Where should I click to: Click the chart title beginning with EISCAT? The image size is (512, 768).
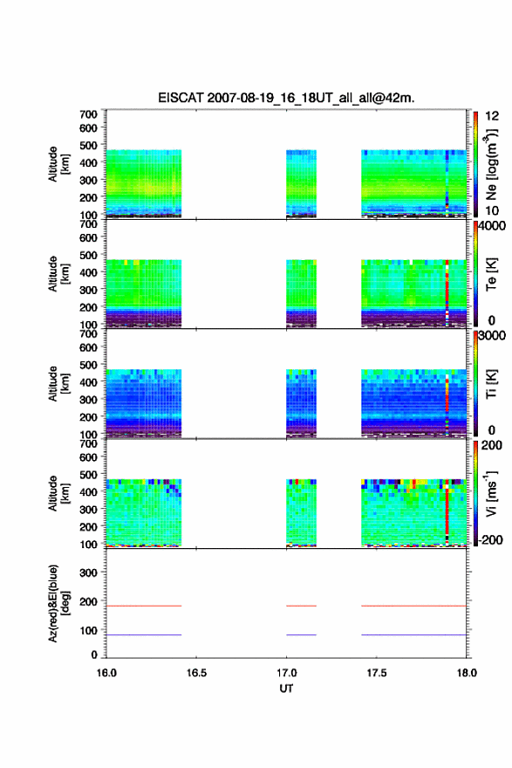(286, 98)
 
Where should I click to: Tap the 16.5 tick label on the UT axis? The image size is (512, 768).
(196, 673)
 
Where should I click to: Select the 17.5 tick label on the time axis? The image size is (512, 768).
(377, 673)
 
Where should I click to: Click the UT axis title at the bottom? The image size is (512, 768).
(286, 689)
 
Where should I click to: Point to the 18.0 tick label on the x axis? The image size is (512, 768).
(467, 673)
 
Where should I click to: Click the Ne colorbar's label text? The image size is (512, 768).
(491, 165)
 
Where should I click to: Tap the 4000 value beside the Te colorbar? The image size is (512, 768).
(492, 226)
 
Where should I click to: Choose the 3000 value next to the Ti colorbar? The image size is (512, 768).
(492, 335)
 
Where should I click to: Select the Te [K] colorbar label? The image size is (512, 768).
(491, 274)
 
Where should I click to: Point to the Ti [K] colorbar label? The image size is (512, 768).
(491, 383)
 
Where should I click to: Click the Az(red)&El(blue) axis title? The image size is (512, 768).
(58, 603)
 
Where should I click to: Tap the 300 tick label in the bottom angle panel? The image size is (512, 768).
(88, 573)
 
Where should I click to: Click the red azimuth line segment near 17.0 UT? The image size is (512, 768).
(301, 606)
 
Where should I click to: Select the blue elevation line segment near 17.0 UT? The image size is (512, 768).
(301, 634)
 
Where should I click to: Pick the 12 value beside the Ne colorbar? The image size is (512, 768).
(492, 116)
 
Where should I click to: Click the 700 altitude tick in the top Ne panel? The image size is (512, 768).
(88, 114)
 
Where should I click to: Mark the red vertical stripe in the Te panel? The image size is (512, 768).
(447, 290)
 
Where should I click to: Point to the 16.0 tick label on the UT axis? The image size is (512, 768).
(106, 673)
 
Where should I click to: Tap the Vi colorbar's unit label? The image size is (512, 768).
(491, 493)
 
